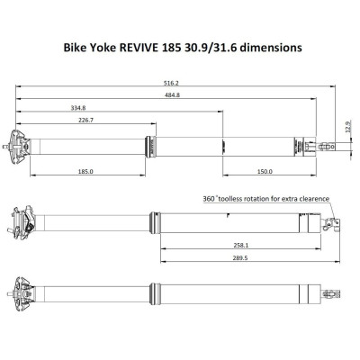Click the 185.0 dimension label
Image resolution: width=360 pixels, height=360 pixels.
click(86, 172)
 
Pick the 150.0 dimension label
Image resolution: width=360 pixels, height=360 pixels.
click(265, 172)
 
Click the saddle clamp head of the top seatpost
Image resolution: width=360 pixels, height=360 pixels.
click(21, 144)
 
